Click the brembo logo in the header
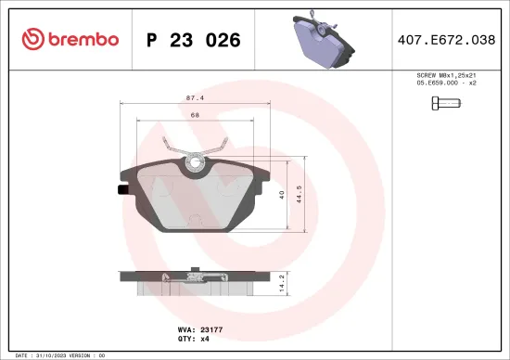tap(70, 40)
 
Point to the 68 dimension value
tap(196, 115)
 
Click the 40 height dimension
tap(282, 193)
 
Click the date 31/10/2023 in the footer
tap(64, 355)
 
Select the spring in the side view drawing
tap(195, 274)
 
